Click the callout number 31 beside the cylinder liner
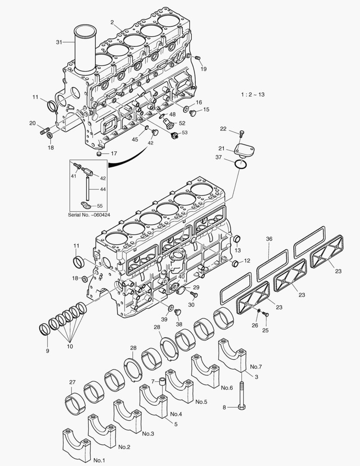click(x=59, y=42)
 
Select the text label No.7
click(x=256, y=367)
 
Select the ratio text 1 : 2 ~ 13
click(x=253, y=94)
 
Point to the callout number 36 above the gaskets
click(x=269, y=239)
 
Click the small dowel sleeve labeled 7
click(x=162, y=381)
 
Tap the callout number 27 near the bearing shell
click(x=72, y=382)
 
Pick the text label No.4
click(x=176, y=414)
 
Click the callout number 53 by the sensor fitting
click(x=185, y=132)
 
